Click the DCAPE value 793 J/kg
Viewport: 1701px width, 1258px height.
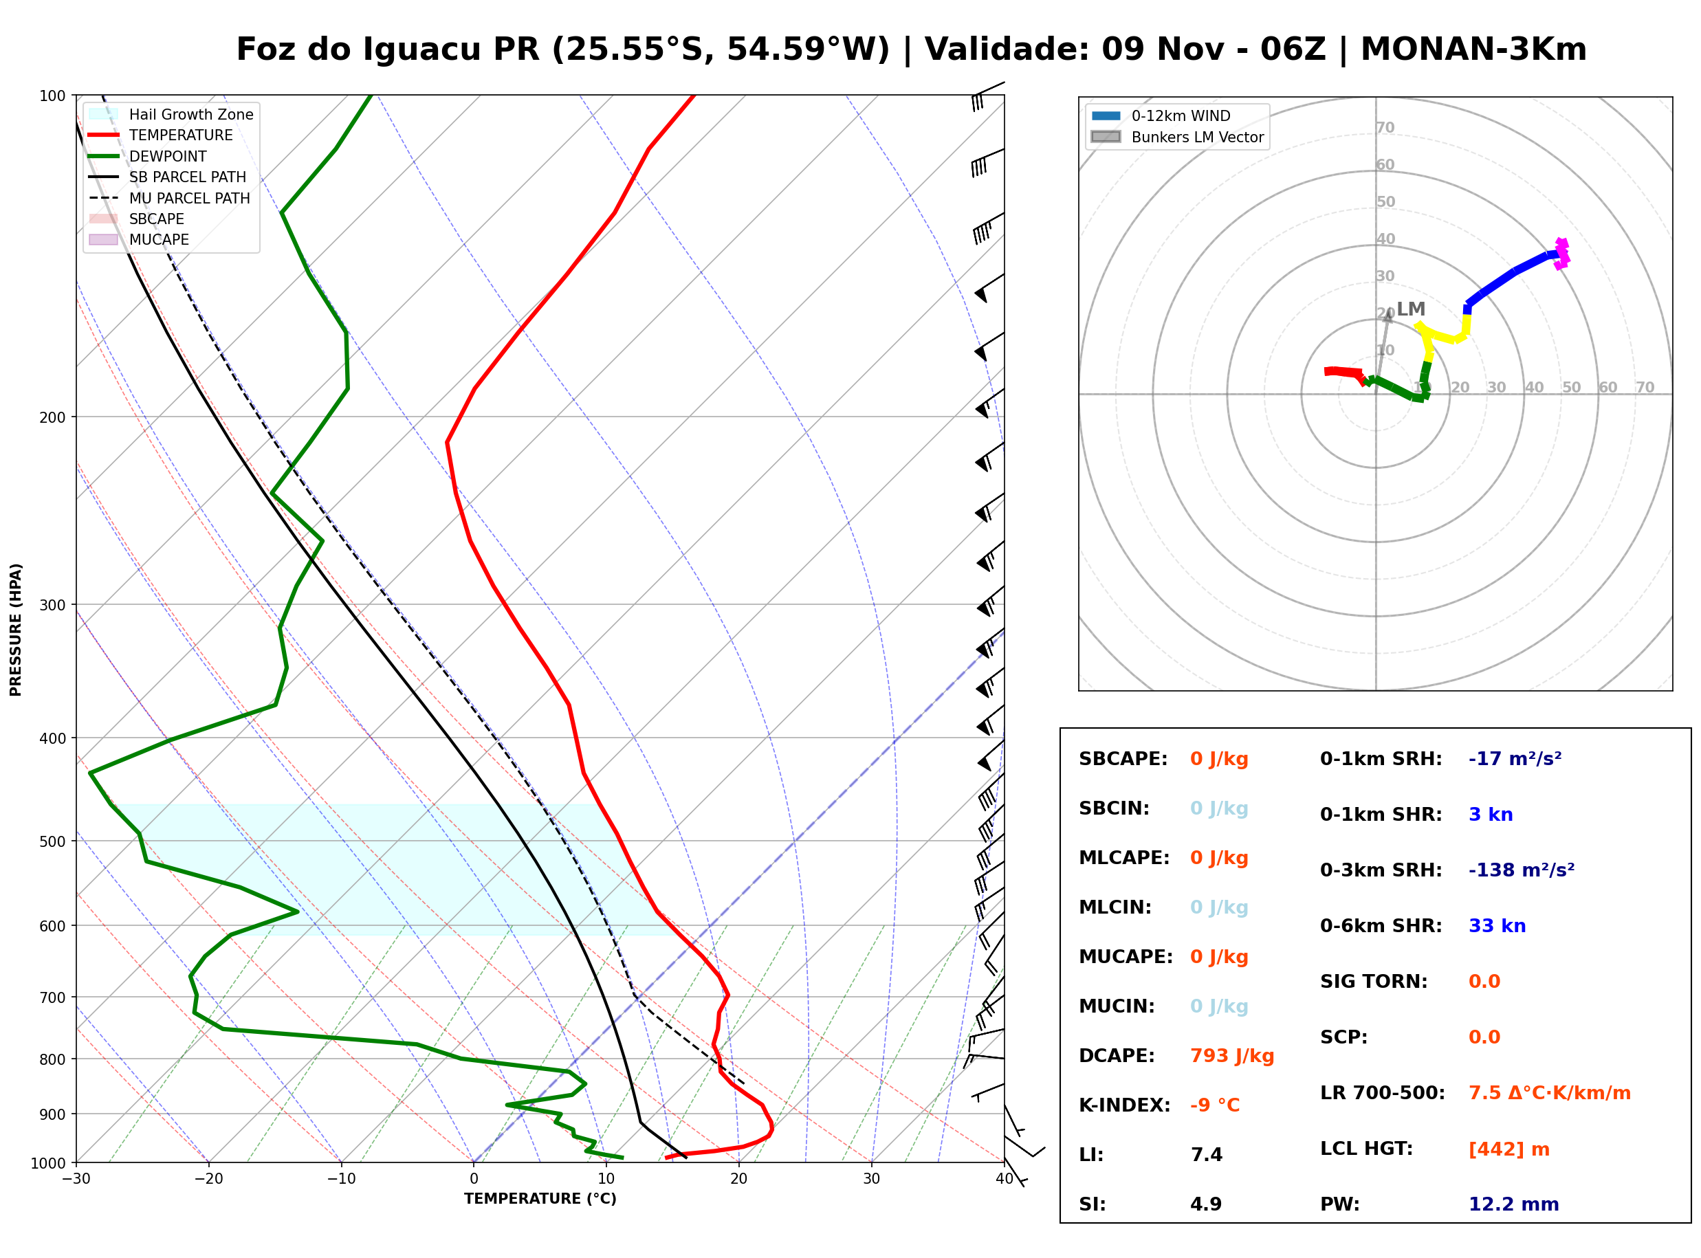coord(1232,1056)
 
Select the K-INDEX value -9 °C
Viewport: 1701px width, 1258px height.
coord(1215,1105)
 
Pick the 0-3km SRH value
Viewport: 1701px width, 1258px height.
coord(1522,870)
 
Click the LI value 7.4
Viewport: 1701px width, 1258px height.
coord(1206,1155)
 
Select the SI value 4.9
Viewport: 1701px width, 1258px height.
coord(1206,1204)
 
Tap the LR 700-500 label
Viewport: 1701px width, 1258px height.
coord(1382,1094)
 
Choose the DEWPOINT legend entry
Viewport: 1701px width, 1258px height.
coord(147,156)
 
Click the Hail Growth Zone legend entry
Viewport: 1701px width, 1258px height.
coord(171,114)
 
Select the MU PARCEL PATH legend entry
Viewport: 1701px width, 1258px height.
coord(169,198)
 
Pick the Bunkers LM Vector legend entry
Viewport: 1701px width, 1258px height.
coord(1177,137)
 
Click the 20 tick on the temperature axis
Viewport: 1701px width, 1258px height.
coord(738,1179)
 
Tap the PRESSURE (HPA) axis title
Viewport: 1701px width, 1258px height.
coord(16,630)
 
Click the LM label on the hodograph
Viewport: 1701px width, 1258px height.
coord(1411,309)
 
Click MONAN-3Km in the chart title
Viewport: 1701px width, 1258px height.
coord(1473,49)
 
